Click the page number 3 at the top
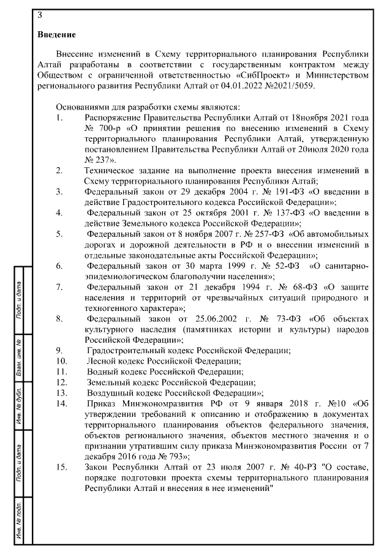click(40, 14)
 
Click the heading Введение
click(56, 34)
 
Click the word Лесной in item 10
click(102, 361)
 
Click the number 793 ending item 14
click(179, 456)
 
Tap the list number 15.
click(61, 467)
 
